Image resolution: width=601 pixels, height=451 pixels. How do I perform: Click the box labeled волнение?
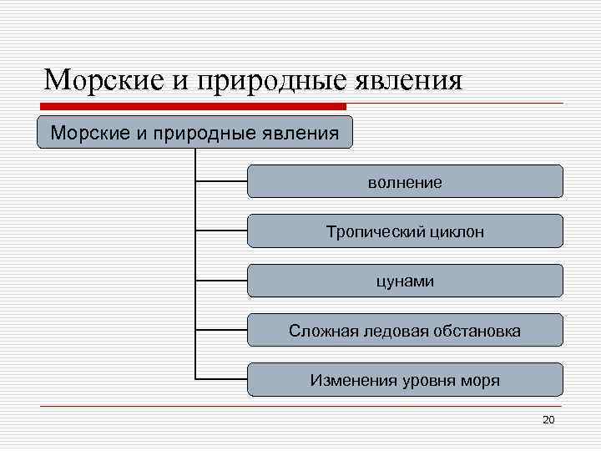(405, 181)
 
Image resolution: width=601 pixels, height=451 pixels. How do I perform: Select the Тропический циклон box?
(405, 231)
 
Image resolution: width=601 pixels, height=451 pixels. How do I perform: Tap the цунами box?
(405, 281)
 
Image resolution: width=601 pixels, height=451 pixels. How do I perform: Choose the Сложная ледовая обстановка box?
(405, 331)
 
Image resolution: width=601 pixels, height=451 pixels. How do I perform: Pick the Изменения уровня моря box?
(405, 381)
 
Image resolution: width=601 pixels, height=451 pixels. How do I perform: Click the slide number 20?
(548, 419)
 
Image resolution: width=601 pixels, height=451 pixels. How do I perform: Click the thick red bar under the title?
(192, 107)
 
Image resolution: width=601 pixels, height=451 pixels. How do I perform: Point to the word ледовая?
(392, 332)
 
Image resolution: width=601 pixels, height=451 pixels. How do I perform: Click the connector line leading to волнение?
(221, 180)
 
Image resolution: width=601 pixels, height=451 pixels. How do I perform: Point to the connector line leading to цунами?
(221, 281)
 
